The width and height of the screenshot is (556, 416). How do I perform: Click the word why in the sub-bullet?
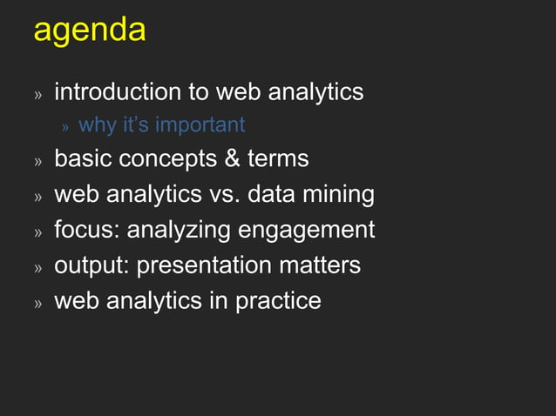pos(98,125)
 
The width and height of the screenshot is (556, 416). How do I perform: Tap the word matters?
pos(317,265)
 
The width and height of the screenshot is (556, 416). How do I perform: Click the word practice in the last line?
pos(278,300)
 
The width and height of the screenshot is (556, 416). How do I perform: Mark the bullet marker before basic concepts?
pos(37,162)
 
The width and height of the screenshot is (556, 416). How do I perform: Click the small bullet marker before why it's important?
pos(64,127)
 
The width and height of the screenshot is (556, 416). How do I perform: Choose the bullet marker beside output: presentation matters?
pos(37,267)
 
